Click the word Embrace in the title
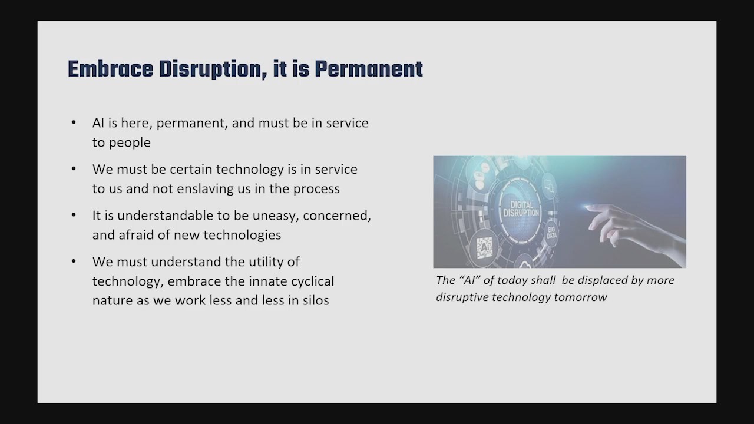click(110, 69)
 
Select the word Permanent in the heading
click(369, 69)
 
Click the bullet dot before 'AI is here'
click(74, 122)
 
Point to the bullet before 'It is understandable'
click(74, 215)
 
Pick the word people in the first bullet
click(130, 143)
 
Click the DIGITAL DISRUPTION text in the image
click(521, 208)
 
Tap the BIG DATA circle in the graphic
click(551, 233)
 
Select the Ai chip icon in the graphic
click(484, 248)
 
